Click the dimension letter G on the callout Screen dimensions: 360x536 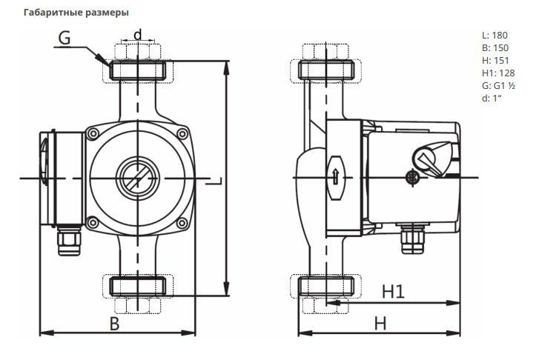pyautogui.click(x=64, y=39)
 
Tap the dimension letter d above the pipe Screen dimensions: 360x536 pyautogui.click(x=137, y=34)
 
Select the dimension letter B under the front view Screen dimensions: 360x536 pyautogui.click(x=114, y=323)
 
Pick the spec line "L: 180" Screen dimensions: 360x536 pyautogui.click(x=494, y=35)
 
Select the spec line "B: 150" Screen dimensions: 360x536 pyautogui.click(x=494, y=47)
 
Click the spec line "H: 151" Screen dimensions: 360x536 pyautogui.click(x=494, y=60)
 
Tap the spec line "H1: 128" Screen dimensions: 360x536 pyautogui.click(x=497, y=73)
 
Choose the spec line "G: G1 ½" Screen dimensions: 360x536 pyautogui.click(x=498, y=85)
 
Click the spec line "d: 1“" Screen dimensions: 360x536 pyautogui.click(x=492, y=98)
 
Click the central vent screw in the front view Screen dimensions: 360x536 pyautogui.click(x=136, y=176)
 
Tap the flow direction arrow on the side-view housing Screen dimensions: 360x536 pyautogui.click(x=335, y=177)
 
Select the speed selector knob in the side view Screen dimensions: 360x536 pyautogui.click(x=428, y=158)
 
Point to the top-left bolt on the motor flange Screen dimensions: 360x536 pyautogui.click(x=93, y=133)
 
